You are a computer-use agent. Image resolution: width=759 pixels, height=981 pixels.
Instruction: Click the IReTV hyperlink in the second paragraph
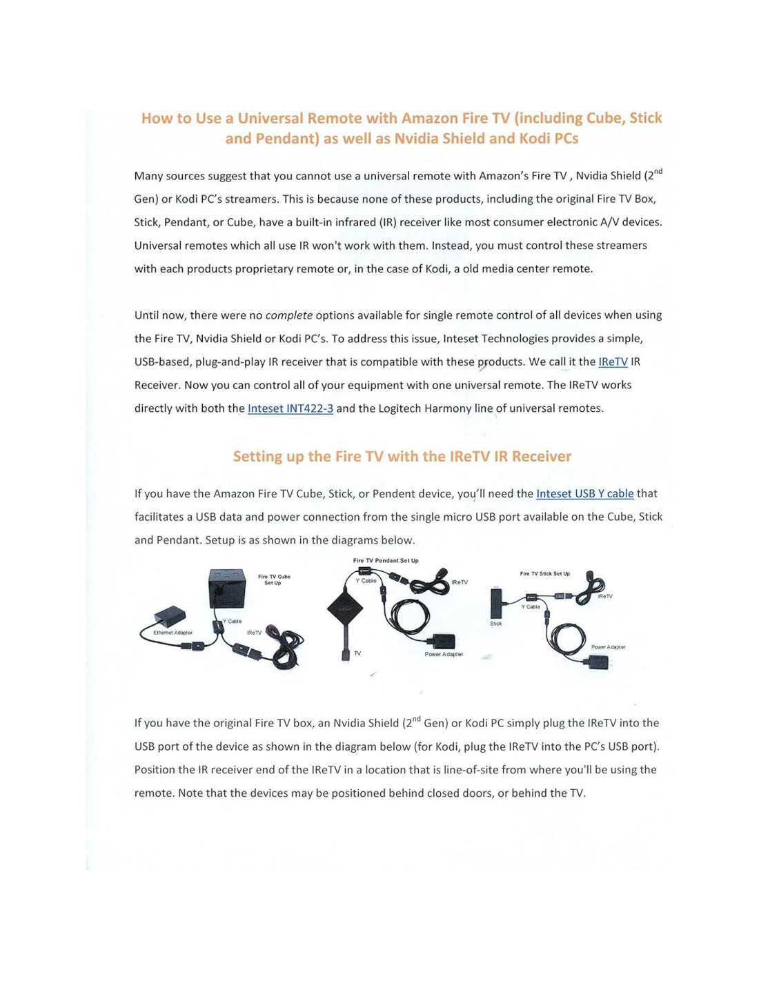[613, 361]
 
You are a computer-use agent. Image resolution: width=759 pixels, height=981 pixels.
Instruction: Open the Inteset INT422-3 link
[290, 408]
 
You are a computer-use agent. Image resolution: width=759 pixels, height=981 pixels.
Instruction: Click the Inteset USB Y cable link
[584, 493]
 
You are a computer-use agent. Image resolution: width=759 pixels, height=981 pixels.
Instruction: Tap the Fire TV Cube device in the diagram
[226, 588]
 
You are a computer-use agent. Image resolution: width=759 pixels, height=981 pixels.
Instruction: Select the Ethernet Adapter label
[172, 633]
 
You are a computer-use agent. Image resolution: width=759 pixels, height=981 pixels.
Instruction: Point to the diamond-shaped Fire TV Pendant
[345, 609]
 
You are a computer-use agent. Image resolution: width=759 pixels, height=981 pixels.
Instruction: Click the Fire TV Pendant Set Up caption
[386, 561]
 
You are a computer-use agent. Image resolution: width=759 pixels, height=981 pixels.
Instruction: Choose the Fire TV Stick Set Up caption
[544, 573]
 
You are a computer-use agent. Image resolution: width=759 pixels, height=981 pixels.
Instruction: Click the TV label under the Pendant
[357, 653]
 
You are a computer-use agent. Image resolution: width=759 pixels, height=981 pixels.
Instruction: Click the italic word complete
[288, 315]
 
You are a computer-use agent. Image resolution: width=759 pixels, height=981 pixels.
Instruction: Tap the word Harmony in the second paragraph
[448, 408]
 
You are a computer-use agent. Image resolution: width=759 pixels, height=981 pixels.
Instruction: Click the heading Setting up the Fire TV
[402, 457]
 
